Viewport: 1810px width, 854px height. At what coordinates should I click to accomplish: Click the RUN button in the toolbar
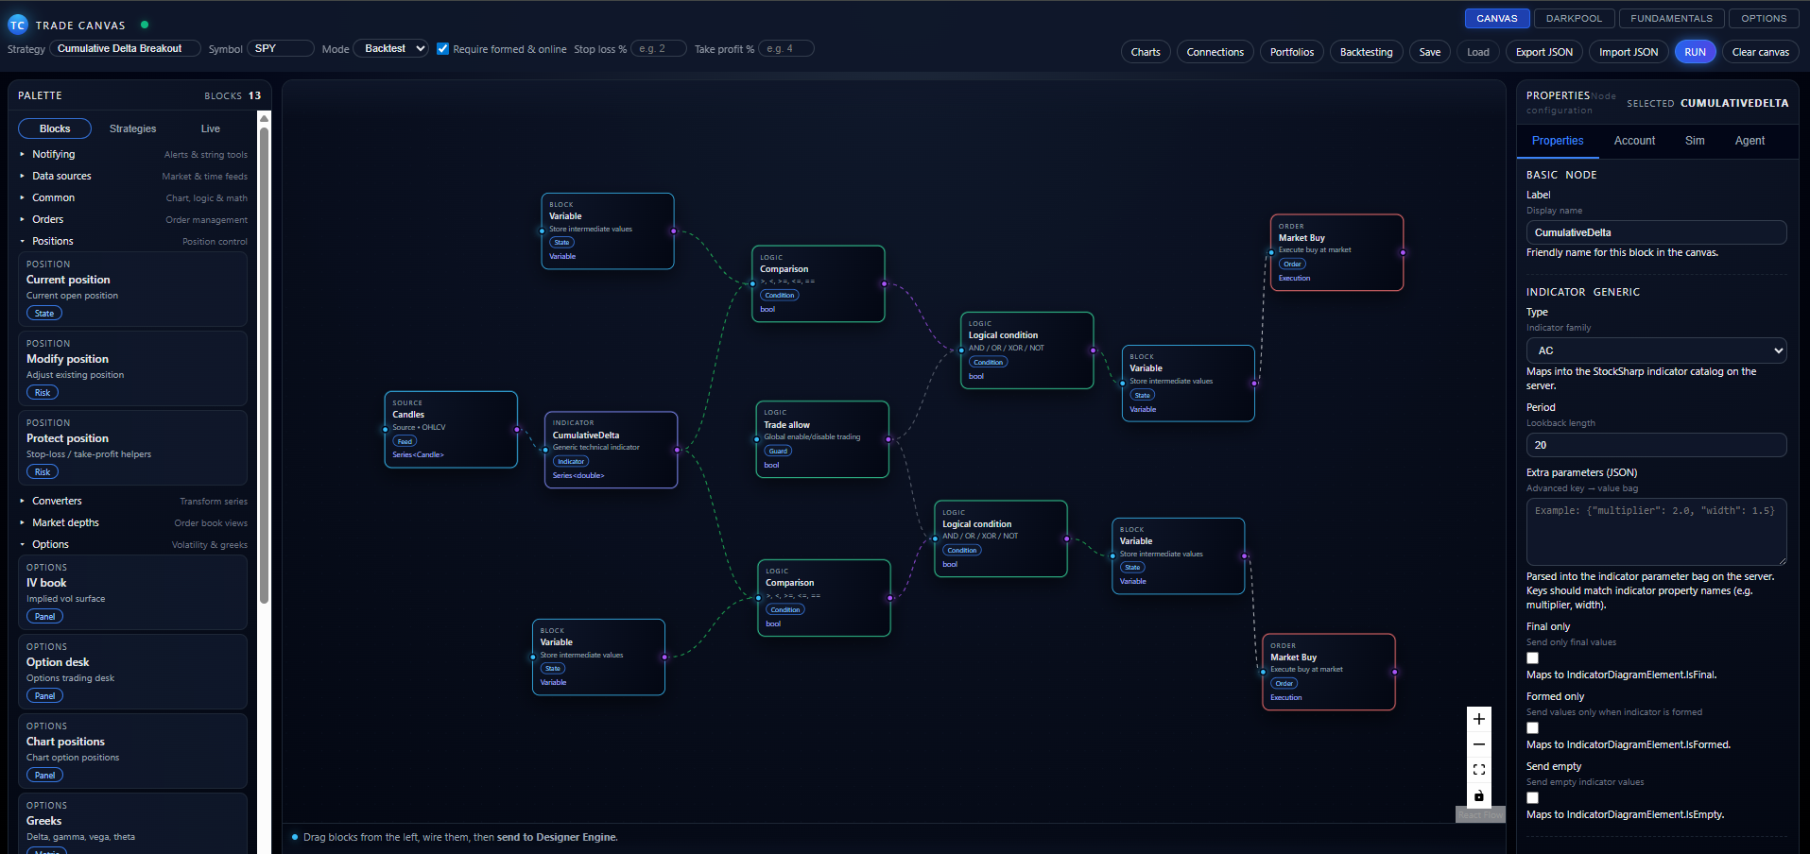point(1695,52)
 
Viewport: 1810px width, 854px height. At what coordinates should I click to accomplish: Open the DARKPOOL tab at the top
point(1574,18)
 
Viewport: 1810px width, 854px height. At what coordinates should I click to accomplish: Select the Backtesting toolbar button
point(1366,52)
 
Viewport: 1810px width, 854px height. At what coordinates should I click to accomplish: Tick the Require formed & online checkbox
point(442,49)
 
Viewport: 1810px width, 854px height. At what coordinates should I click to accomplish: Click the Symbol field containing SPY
point(280,48)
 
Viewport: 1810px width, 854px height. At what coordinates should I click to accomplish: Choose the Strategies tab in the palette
point(132,128)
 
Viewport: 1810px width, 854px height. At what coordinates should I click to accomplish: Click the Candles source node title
point(408,415)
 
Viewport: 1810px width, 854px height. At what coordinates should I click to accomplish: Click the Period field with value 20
point(1656,445)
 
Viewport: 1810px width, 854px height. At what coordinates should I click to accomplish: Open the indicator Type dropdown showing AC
point(1656,350)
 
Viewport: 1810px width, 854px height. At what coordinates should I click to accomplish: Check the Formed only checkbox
point(1532,728)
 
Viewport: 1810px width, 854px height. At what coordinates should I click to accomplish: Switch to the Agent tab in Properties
point(1750,141)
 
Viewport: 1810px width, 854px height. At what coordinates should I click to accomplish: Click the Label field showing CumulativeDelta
point(1656,232)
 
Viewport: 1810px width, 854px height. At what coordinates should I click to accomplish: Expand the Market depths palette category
point(65,522)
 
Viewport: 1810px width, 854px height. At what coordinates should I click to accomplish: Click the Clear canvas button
point(1760,52)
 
